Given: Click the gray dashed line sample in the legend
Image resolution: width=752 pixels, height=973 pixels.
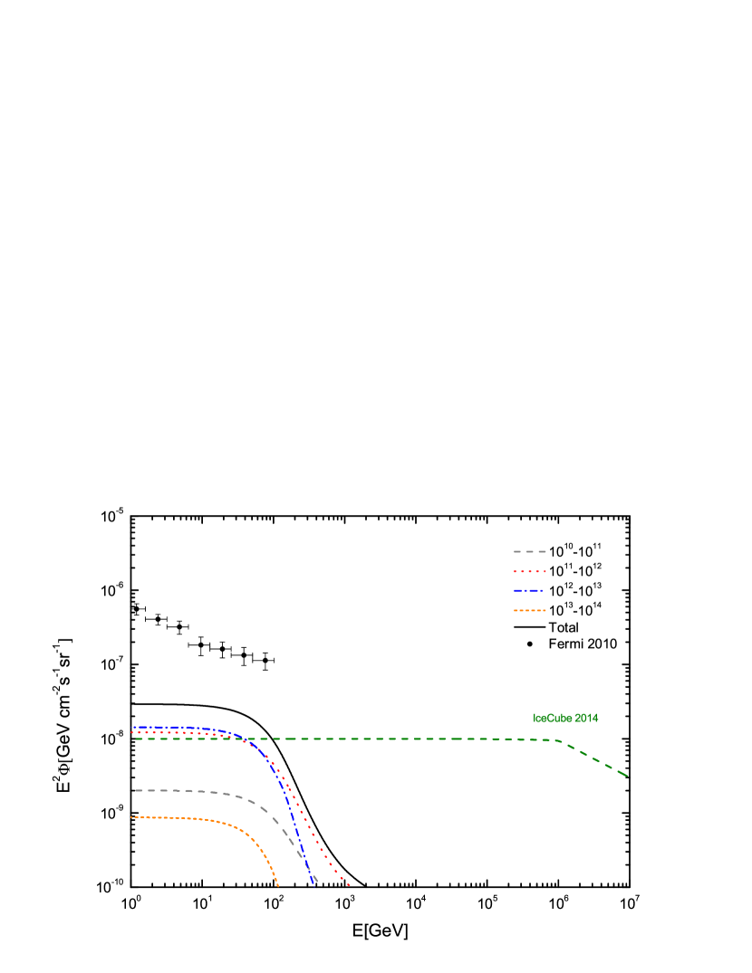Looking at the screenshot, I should (529, 551).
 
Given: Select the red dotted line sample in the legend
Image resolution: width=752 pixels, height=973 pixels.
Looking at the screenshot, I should (529, 571).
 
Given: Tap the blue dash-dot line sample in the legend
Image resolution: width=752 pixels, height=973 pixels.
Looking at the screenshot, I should (529, 590).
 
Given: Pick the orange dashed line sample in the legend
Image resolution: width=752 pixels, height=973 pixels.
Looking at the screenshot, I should (529, 610).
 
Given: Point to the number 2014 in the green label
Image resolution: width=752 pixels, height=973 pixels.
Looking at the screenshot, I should (586, 718).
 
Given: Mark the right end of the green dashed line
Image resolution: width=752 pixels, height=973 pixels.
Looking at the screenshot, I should (627, 776).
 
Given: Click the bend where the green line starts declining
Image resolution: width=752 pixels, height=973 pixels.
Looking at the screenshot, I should (556, 740).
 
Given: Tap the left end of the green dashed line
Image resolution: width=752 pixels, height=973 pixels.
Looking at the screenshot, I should (137, 739).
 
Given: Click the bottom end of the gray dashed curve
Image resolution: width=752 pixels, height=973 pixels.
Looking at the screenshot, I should (316, 879).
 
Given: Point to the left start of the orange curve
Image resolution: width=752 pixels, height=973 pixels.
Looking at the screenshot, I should (132, 817).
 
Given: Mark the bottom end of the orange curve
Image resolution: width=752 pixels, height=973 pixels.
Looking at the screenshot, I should (277, 885).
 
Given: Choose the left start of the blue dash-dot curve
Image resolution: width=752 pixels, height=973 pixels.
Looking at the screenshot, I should (134, 727).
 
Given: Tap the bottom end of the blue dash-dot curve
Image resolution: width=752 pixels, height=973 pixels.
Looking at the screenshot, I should (313, 883).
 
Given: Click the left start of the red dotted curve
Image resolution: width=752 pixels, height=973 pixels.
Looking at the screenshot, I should (132, 732).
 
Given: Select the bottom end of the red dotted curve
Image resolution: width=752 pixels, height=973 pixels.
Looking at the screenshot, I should (348, 884).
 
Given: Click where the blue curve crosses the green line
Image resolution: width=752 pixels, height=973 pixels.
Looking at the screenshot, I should (242, 739).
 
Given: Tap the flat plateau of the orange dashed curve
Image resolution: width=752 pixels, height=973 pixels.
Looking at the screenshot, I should (172, 817).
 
